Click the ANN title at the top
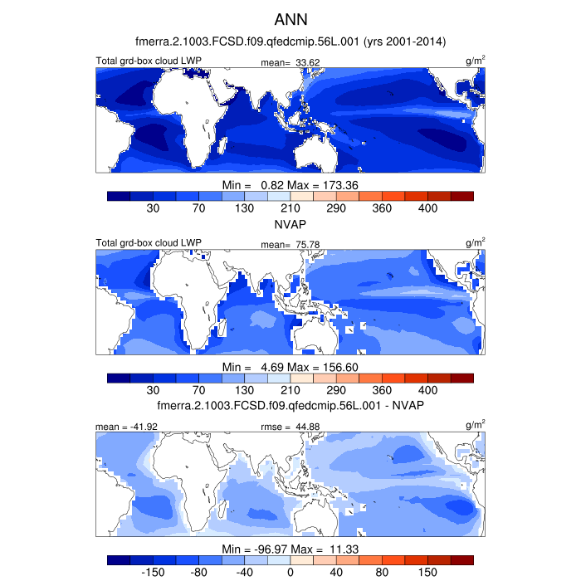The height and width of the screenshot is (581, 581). coord(290,19)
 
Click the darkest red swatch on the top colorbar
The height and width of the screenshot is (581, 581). coord(461,196)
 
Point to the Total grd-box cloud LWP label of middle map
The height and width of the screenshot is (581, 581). coord(149,242)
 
